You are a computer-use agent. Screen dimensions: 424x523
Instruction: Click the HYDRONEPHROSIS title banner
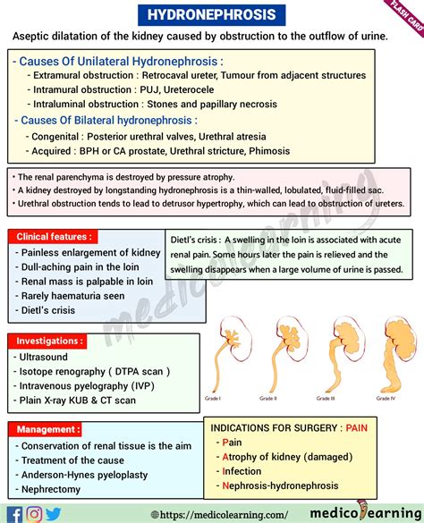tap(211, 14)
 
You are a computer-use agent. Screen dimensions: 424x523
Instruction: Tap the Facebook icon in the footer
tap(13, 513)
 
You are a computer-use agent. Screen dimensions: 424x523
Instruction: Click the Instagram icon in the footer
tap(34, 513)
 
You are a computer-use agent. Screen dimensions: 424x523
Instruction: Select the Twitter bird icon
tap(55, 513)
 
